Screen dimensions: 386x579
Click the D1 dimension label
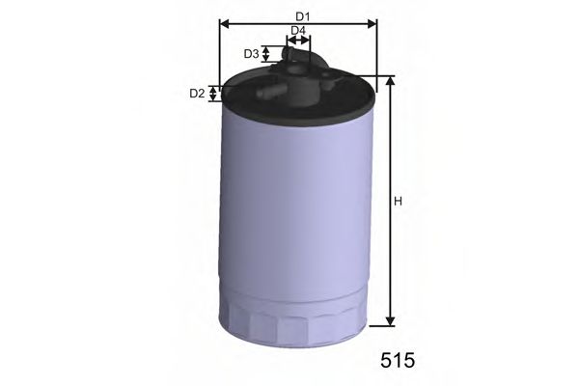click(302, 16)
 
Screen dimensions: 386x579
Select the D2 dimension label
click(196, 94)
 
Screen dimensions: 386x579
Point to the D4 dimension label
click(298, 31)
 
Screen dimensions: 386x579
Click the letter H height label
click(397, 201)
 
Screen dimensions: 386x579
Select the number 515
click(396, 360)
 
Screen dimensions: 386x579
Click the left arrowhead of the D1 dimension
click(225, 25)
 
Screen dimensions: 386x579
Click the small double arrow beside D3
click(267, 54)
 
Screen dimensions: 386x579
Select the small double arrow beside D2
click(216, 94)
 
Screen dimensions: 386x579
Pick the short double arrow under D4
click(298, 42)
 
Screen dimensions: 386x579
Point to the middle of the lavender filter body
click(295, 212)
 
